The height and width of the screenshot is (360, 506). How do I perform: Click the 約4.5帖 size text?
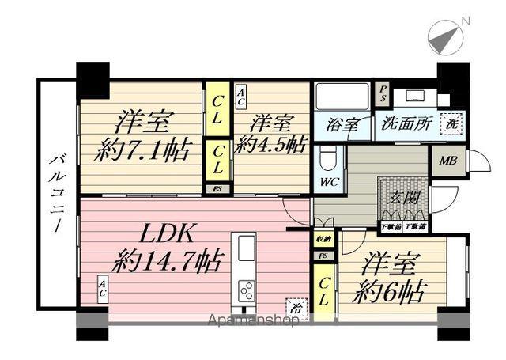click(270, 145)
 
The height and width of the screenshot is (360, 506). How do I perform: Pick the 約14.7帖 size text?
click(167, 260)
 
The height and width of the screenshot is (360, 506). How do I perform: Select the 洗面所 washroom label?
click(402, 125)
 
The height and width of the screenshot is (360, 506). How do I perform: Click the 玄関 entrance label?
click(405, 197)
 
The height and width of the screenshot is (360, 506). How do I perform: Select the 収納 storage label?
click(323, 239)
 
